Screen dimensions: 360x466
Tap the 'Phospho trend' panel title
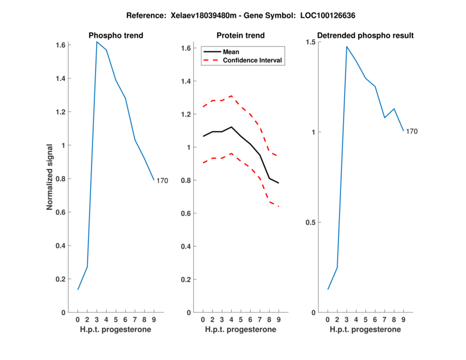click(x=115, y=36)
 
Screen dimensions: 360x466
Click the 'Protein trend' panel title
click(x=240, y=36)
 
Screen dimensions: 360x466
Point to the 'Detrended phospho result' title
click(x=365, y=36)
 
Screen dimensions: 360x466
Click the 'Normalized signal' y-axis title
click(x=51, y=177)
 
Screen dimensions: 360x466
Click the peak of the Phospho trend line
click(x=97, y=42)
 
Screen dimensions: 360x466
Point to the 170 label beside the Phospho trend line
click(x=162, y=181)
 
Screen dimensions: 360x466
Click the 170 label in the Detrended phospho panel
click(x=411, y=132)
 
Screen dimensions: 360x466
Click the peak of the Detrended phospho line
click(x=347, y=47)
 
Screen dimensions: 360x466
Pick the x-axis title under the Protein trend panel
click(x=240, y=330)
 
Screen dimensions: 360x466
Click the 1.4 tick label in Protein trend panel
click(x=186, y=81)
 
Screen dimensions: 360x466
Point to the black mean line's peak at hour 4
click(x=231, y=127)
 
